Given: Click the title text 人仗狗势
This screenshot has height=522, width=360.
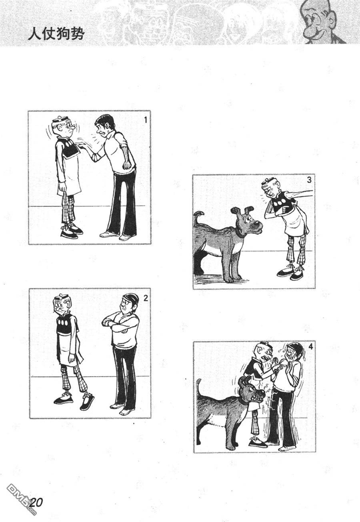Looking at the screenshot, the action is [56, 35].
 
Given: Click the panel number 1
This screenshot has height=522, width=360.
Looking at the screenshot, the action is [146, 120].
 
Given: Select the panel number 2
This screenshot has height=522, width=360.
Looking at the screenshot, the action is [146, 298].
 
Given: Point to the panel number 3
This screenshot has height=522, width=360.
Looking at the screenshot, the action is [309, 180].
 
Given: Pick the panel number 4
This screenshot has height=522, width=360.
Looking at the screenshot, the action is [310, 347].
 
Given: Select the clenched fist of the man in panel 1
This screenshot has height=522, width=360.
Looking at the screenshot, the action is [127, 165].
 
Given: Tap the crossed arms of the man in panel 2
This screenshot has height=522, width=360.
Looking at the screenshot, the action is [119, 324].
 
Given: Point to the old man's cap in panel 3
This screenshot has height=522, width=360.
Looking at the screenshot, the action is [266, 181].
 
